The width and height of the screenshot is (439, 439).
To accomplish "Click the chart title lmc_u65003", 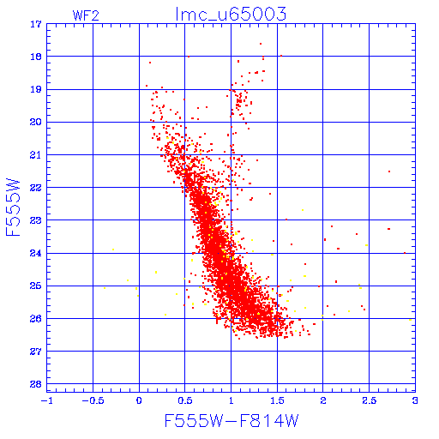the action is coord(231,15).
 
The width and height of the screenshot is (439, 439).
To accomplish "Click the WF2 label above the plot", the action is coord(86,15).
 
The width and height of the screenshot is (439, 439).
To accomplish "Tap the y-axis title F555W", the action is coord(13,207).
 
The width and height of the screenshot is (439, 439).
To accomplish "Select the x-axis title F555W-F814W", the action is coord(232,421).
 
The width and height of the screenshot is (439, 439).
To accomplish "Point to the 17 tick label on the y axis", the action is coord(36,24).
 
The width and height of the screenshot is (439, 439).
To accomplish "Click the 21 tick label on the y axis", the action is coord(36,155).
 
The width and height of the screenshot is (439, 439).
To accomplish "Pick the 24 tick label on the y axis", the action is coord(36,253).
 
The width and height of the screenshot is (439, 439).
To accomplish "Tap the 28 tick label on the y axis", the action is coord(36,384).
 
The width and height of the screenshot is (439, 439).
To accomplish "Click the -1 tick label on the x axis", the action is coord(46,400).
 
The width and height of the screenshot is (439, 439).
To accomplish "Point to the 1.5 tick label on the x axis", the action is coord(277,400).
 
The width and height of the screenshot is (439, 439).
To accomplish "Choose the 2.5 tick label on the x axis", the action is coord(369,400).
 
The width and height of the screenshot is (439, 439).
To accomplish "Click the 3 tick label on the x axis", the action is coord(415,400).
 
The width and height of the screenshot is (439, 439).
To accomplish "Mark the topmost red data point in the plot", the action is coord(261,44).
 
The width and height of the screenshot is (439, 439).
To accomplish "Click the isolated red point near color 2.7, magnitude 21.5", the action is coord(389,171).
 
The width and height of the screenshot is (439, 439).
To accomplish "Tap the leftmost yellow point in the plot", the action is coord(105,288).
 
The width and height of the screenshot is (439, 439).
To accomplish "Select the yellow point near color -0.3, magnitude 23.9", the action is coord(113,250).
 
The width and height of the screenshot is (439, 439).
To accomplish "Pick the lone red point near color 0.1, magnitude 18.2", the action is coord(150,63).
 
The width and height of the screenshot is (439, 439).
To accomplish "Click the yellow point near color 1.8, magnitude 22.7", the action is coord(303,210).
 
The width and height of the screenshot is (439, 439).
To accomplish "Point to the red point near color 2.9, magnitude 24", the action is coord(405,253).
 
